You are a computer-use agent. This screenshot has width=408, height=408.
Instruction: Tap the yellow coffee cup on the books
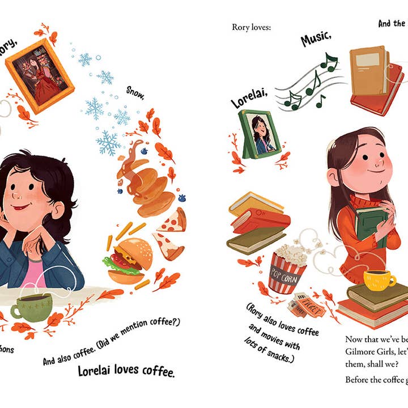pos(379,278)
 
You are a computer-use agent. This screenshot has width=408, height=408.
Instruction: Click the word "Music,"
pos(316,39)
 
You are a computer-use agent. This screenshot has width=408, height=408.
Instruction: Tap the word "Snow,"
pos(135,95)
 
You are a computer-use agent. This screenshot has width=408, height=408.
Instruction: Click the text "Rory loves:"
pos(251,27)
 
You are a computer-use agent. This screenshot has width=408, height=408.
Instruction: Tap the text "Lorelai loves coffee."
pos(126,372)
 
